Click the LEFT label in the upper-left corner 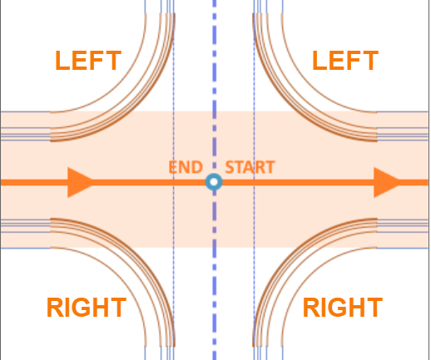pos(88,61)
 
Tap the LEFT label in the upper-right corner pos(345,61)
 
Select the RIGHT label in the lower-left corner pos(87,307)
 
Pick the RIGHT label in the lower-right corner pos(343,307)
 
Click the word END pos(186,167)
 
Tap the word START pos(250,167)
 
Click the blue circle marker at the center pos(214,182)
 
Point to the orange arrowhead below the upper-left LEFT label pos(81,182)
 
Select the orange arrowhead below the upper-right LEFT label pos(387,182)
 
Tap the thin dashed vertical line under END pos(174,180)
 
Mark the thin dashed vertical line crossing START pos(254,180)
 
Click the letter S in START pos(230,167)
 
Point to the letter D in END pos(197,167)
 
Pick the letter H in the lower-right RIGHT pos(355,307)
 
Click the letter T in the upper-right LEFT pos(369,61)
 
